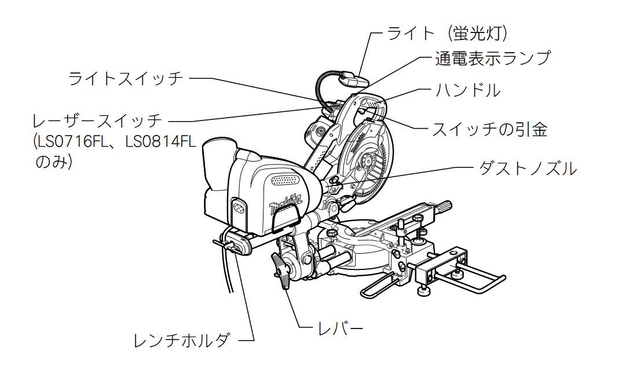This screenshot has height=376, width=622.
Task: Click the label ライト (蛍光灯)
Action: [447, 34]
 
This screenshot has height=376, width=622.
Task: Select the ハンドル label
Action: [468, 90]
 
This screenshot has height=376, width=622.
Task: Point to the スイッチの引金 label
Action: [489, 129]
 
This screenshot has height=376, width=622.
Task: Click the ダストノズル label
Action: [528, 169]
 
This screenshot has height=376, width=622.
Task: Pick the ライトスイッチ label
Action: [126, 79]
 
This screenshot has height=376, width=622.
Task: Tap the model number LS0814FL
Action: [161, 141]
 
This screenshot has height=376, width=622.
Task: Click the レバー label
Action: [341, 327]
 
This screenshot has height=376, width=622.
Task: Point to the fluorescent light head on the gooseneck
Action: [355, 79]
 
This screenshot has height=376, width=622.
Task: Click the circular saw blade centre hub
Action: [364, 162]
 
